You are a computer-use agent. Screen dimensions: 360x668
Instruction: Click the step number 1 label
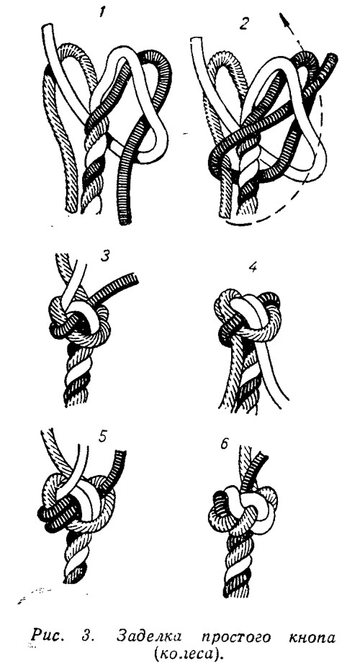(102, 13)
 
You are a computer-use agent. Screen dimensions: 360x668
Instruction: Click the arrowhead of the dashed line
(283, 20)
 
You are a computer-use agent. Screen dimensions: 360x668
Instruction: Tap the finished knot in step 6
(243, 509)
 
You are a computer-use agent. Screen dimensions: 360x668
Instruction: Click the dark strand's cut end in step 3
(135, 279)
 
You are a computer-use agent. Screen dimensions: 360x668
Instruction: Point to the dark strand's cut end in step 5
(120, 456)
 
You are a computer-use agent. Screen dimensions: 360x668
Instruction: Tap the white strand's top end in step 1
(48, 28)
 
